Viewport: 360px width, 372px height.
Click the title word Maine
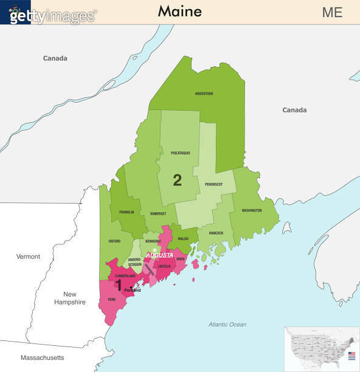(x=179, y=11)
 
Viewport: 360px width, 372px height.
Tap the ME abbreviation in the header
(x=332, y=12)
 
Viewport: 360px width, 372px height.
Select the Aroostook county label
(x=204, y=94)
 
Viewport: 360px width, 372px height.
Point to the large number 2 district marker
(x=177, y=180)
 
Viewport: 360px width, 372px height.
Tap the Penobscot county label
(x=213, y=184)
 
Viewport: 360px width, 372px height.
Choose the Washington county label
(x=251, y=210)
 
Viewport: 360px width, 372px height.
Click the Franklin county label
(x=126, y=212)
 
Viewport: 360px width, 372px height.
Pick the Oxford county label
(x=114, y=241)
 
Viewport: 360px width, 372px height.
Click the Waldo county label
(x=183, y=239)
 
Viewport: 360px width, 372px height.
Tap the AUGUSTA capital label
(x=160, y=255)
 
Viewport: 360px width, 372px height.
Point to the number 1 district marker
(x=119, y=285)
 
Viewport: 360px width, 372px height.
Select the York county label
(x=111, y=299)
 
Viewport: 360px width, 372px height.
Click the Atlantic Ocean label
(x=227, y=325)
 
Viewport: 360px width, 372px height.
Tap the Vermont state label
(x=28, y=257)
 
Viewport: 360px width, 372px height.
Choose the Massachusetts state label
(x=42, y=357)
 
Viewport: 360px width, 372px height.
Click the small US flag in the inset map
(x=351, y=354)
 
